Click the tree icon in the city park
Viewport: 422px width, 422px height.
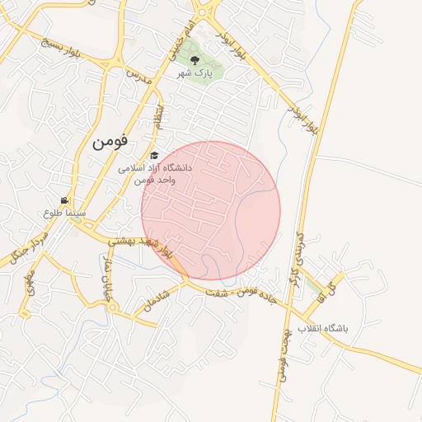click(x=195, y=59)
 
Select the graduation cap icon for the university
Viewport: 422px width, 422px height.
click(x=154, y=156)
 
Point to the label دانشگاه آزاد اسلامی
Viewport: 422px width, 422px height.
click(x=154, y=167)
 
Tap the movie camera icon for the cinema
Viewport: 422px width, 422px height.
click(x=64, y=200)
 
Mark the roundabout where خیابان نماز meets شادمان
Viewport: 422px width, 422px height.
click(x=112, y=307)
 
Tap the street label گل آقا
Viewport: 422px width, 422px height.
click(x=331, y=289)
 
